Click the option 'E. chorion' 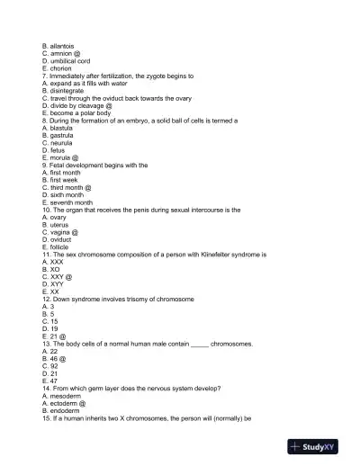point(57,68)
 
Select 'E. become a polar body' point(76,113)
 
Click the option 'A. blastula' point(58,129)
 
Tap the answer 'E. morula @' point(60,158)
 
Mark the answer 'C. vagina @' point(60,232)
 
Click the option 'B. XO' point(51,270)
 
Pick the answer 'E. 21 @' point(54,336)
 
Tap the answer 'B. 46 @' point(54,359)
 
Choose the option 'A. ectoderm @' point(64,403)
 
